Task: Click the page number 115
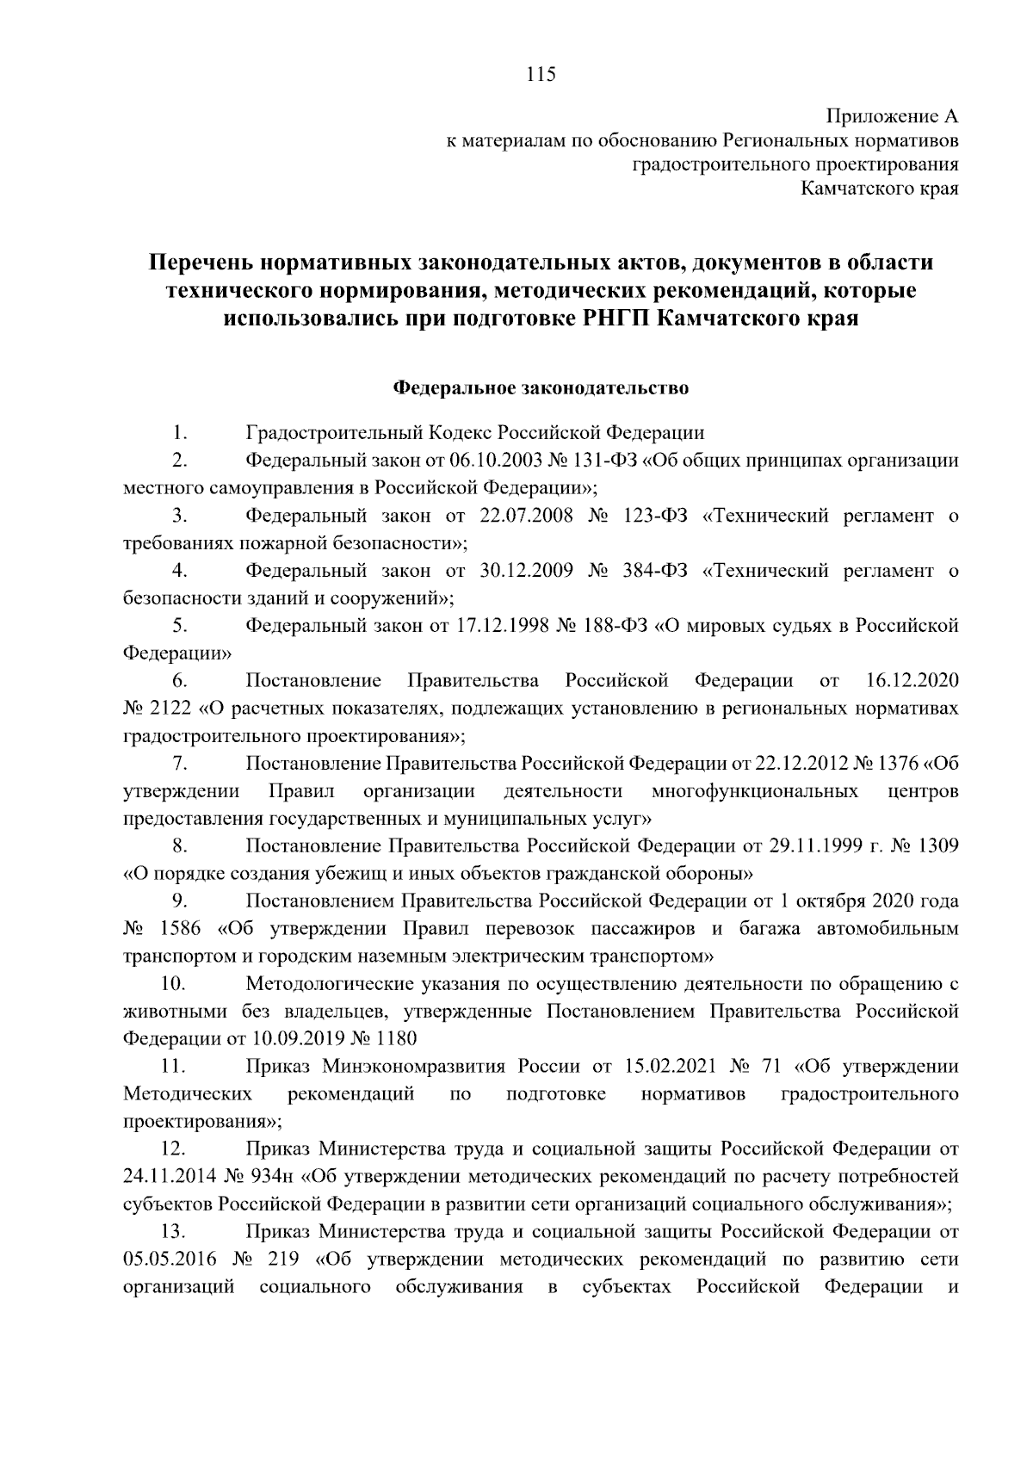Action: [541, 74]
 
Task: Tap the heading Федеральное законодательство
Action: [541, 388]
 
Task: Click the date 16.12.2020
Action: [910, 681]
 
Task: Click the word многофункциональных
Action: [755, 791]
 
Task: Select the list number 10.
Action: [174, 984]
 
